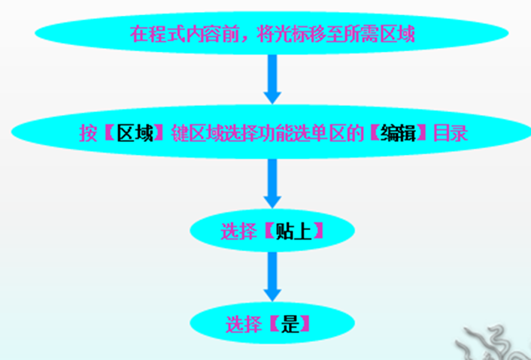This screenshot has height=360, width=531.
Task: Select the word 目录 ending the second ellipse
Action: (451, 134)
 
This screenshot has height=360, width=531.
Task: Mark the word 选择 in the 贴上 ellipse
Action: (238, 231)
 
